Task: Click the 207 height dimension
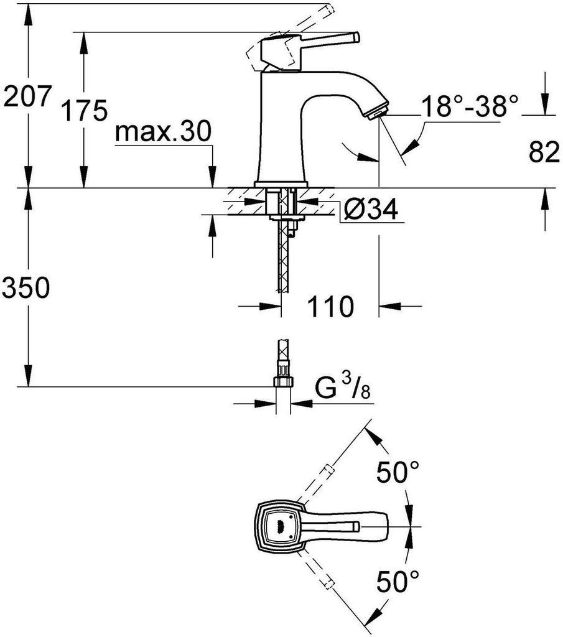coord(27,96)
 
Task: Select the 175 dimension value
coord(84,110)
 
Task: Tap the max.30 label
coord(163,132)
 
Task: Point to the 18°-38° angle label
coord(470,106)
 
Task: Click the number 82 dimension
coord(544,152)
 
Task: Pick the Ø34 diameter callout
coord(370,209)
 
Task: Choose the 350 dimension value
coord(26,287)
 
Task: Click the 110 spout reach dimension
coord(330,306)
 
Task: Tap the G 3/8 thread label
coord(343,388)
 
